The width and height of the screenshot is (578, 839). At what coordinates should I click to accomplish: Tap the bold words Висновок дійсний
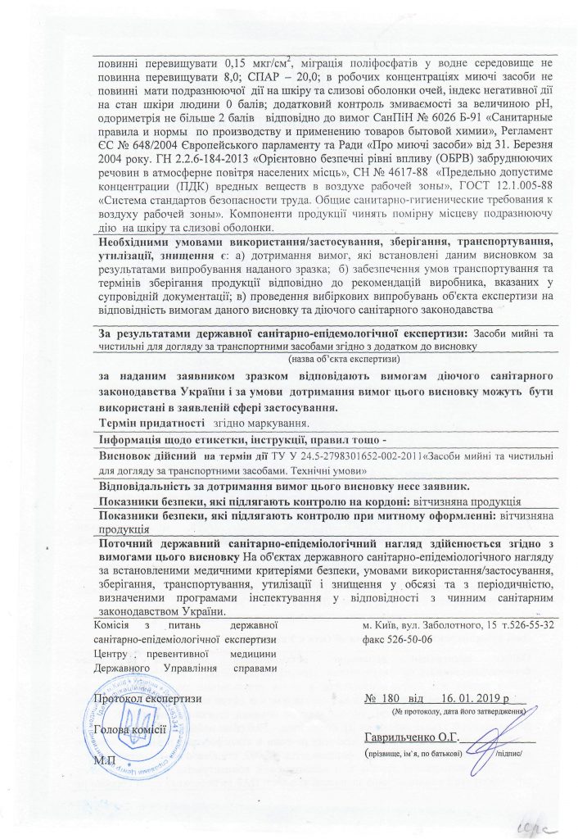point(146,455)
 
